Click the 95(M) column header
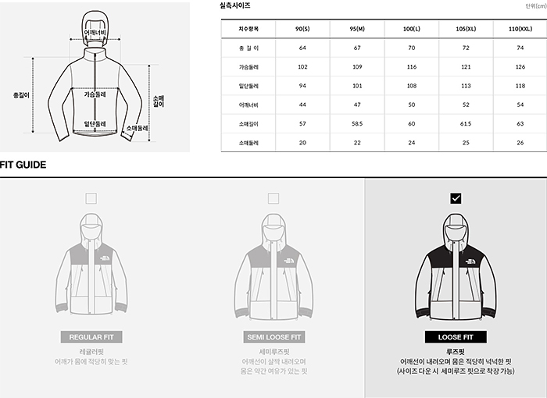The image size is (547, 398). click(357, 29)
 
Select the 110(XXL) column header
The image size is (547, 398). click(520, 29)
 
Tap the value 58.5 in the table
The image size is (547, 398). click(357, 124)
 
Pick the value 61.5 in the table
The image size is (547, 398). click(466, 124)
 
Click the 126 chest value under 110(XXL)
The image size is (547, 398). click(520, 66)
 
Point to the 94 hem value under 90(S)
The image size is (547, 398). click(302, 86)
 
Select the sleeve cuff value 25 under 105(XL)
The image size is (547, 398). click(466, 143)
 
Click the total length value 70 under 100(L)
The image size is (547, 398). click(411, 48)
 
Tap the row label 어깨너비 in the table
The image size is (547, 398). click(248, 105)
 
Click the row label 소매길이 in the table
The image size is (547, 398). click(248, 124)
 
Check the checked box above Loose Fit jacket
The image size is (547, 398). click(456, 198)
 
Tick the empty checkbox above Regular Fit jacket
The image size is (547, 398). click(91, 198)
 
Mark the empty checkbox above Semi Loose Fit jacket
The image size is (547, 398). click(273, 198)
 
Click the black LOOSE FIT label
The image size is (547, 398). click(456, 337)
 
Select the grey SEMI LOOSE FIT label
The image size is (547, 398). click(273, 337)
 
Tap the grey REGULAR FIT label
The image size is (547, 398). click(91, 337)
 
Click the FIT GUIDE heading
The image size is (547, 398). click(23, 165)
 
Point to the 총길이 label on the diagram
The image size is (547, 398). click(21, 95)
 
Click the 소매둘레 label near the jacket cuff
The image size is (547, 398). click(137, 128)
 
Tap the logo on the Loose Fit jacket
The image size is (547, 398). click(470, 261)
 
